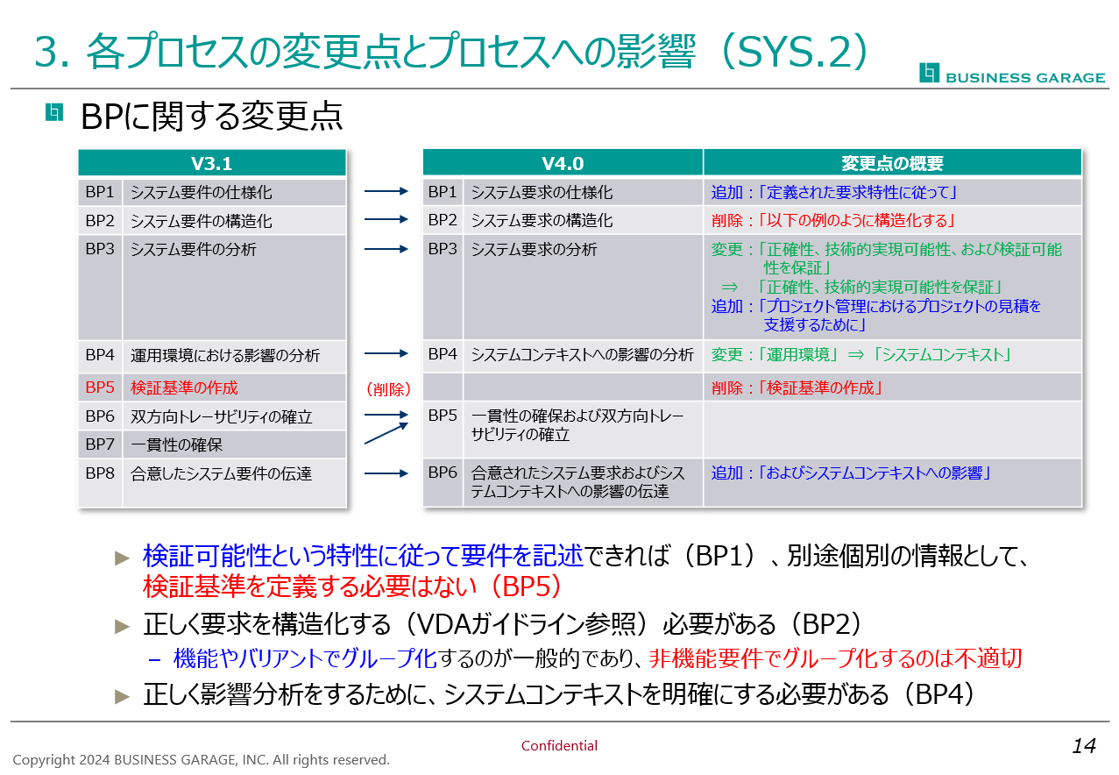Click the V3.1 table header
[x=212, y=163]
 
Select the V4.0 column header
[x=563, y=163]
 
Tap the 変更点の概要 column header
[x=892, y=163]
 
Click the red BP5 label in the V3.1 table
[x=100, y=387]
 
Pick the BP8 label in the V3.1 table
[x=100, y=473]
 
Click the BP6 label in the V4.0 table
[x=443, y=473]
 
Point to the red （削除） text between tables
[x=388, y=389]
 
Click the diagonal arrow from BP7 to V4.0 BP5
[x=386, y=433]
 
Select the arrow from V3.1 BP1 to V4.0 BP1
[x=386, y=191]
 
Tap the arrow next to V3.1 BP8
[x=386, y=473]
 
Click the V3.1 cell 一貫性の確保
[x=176, y=444]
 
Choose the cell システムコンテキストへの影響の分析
[x=582, y=354]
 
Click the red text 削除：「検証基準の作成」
[x=797, y=387]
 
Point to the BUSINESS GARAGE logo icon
[x=929, y=73]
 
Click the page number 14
[x=1084, y=746]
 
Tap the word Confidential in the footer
[x=559, y=745]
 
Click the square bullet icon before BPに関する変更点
[x=54, y=112]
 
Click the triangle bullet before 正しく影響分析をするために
[x=123, y=696]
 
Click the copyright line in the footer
[x=201, y=759]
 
